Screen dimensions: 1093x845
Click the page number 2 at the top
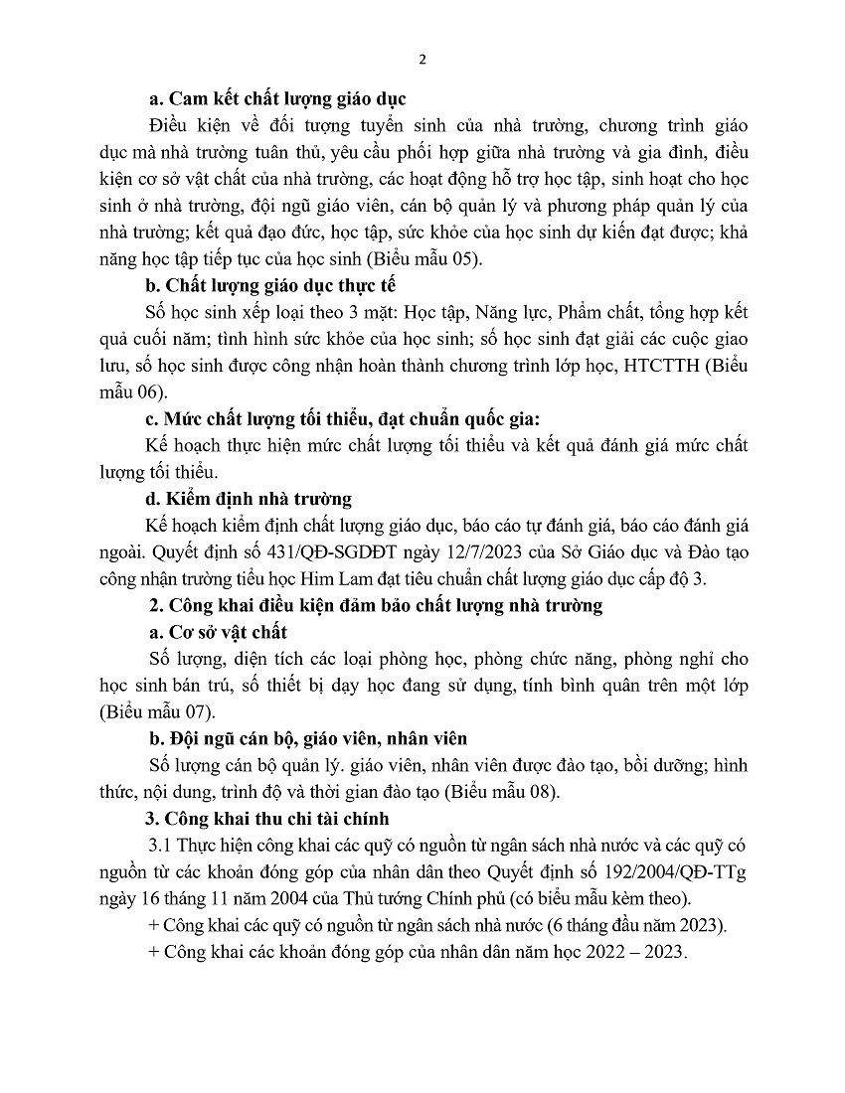tap(422, 59)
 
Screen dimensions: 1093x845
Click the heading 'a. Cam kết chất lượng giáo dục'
tap(276, 99)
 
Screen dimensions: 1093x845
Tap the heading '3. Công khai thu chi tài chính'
tap(267, 819)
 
